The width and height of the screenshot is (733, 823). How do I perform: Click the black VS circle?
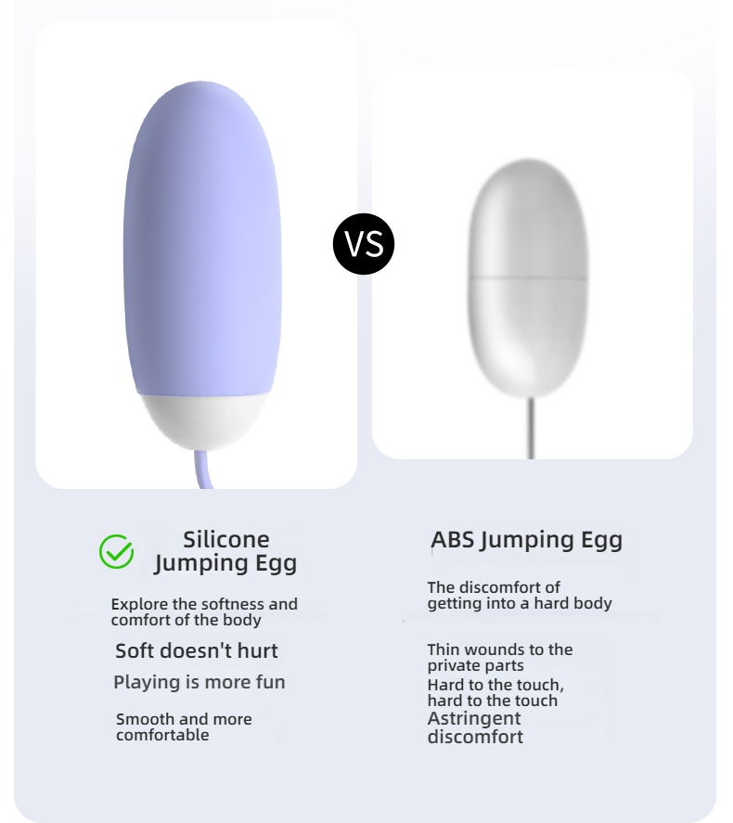[364, 243]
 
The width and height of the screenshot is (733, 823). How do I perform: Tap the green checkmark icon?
[117, 551]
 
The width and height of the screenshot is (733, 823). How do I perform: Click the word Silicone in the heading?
[226, 540]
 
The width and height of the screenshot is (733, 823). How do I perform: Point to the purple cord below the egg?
[203, 469]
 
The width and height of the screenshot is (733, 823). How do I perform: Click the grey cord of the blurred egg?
[531, 428]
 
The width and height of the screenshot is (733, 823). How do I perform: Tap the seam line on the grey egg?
[528, 277]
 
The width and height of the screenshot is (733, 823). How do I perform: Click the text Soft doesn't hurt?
[196, 650]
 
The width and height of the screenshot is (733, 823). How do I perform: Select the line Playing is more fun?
[199, 682]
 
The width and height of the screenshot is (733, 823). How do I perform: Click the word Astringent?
[474, 718]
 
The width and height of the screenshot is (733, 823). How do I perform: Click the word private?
[451, 666]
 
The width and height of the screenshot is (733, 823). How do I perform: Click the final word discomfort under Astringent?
[475, 737]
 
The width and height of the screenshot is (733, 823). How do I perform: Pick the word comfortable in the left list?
[162, 735]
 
